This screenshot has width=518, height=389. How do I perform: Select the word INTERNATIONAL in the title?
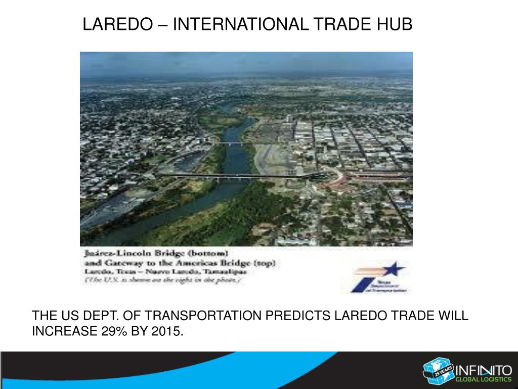[x=239, y=24]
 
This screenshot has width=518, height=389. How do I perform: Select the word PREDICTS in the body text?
[x=298, y=316]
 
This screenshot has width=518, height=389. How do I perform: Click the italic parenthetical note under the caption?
[x=162, y=281]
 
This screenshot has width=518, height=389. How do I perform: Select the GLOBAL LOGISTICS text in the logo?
[x=483, y=379]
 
